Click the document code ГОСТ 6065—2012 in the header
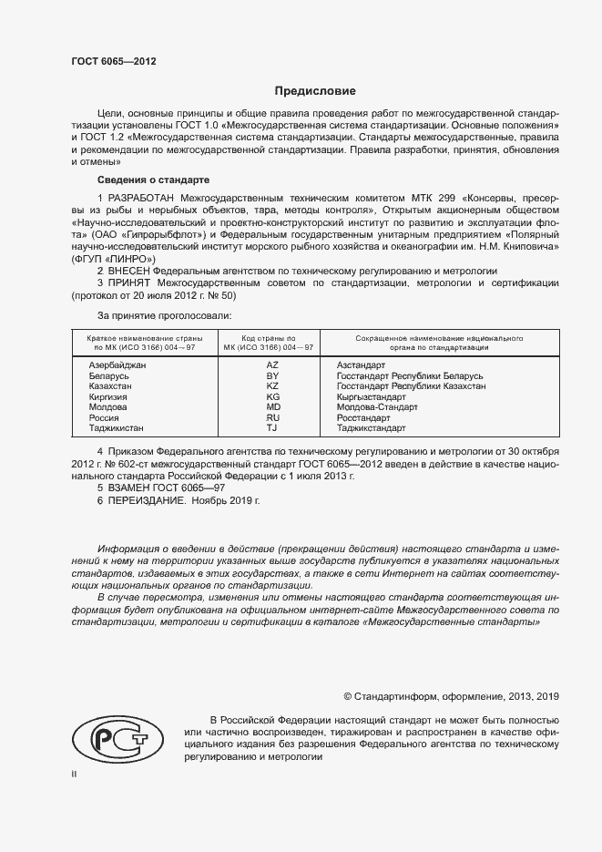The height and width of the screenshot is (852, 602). coord(114,62)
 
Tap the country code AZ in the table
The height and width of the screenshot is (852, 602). coord(272,364)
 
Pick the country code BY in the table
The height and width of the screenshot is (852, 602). coord(272,375)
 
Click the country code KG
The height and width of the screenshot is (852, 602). coord(272,397)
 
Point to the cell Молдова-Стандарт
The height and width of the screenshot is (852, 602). coord(377,407)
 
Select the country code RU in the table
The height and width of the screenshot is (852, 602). coord(272,417)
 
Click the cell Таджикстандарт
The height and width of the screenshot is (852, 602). coord(372,428)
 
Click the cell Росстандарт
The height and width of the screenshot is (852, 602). coord(364,417)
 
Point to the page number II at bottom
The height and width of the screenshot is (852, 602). coord(74,775)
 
